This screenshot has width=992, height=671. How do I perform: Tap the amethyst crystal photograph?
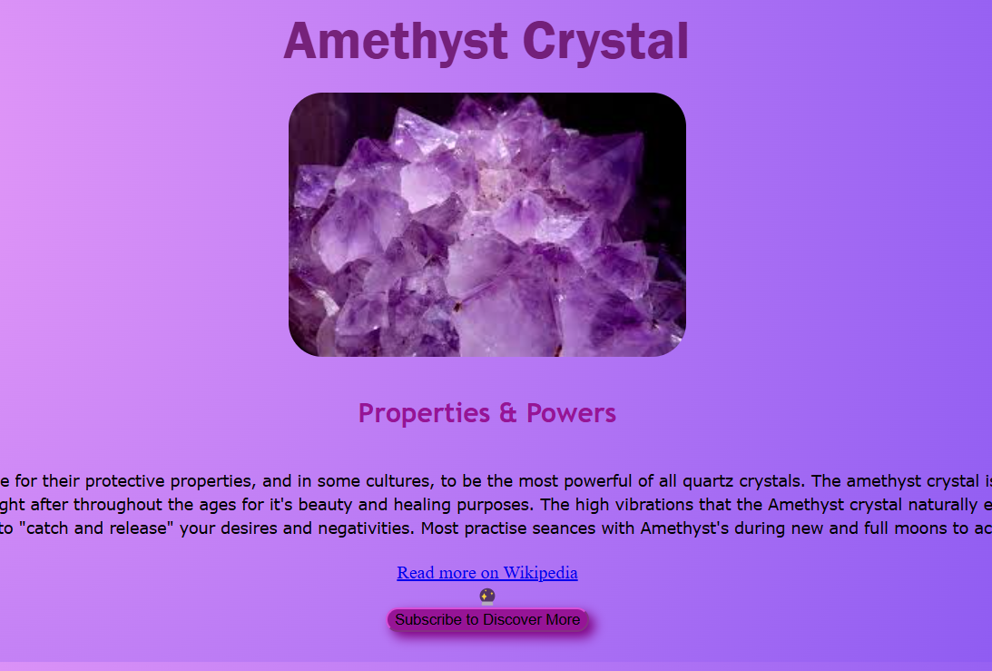pyautogui.click(x=487, y=224)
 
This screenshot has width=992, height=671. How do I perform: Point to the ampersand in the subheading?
pyautogui.click(x=506, y=414)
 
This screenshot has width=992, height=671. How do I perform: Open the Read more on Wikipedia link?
pyautogui.click(x=486, y=573)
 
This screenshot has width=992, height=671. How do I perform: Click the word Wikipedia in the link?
pyautogui.click(x=540, y=573)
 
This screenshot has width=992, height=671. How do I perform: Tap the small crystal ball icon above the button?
pyautogui.click(x=487, y=597)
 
